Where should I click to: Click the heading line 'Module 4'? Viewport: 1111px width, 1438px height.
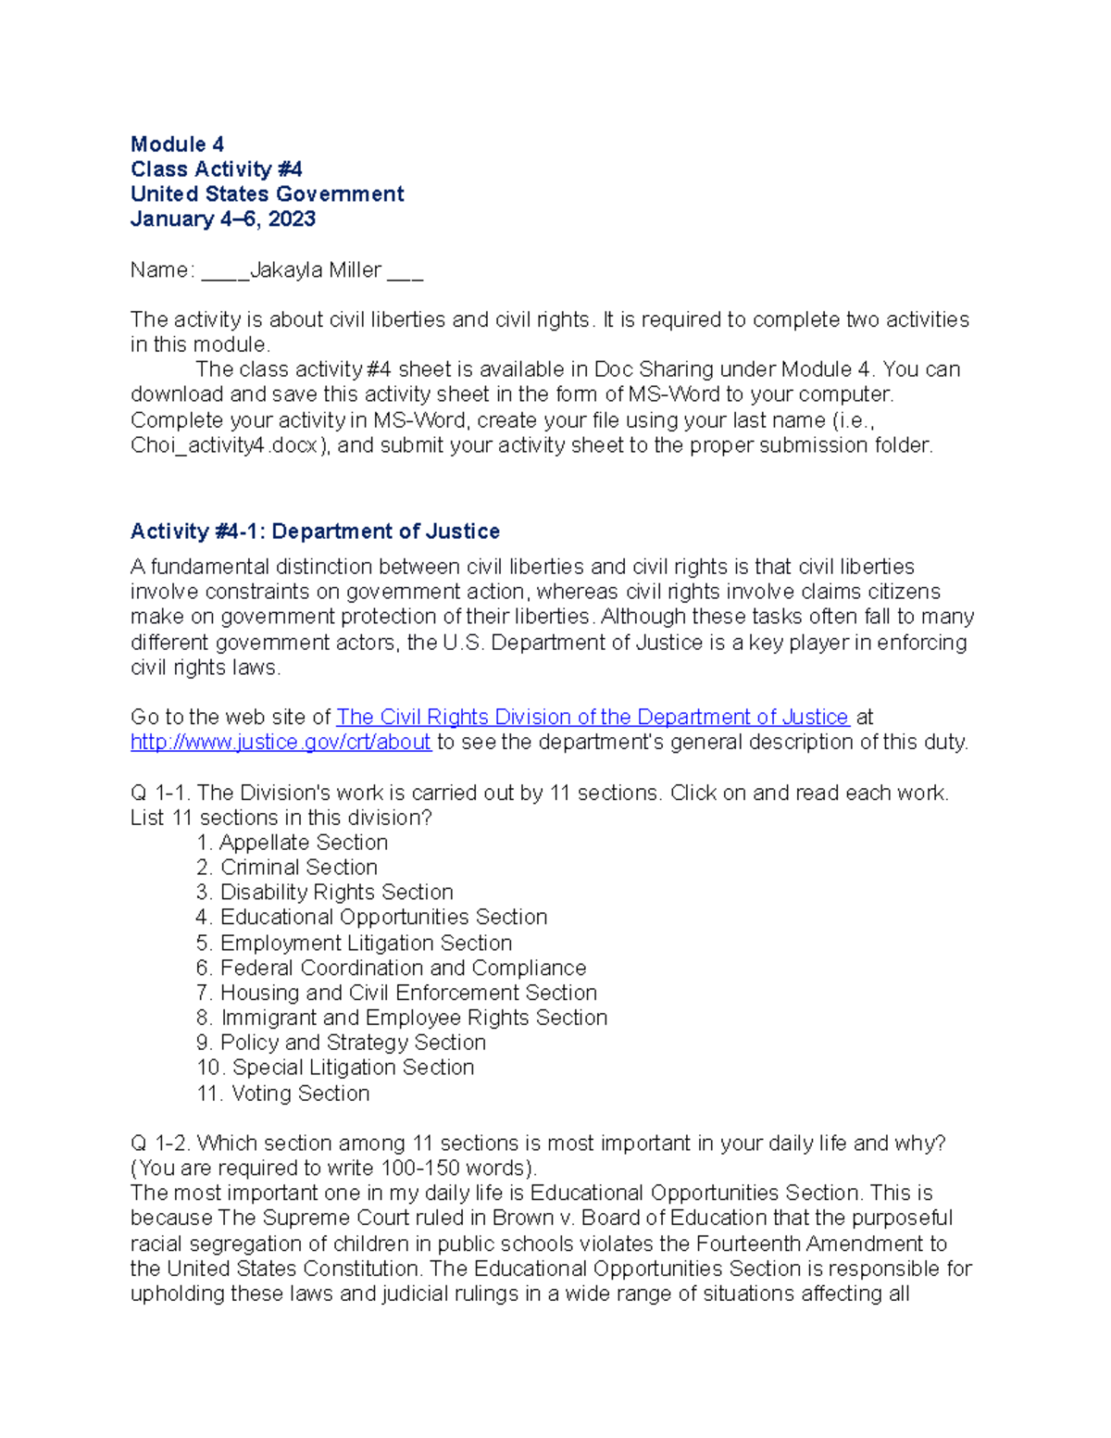point(177,144)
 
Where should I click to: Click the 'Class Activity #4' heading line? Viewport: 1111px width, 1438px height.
point(216,169)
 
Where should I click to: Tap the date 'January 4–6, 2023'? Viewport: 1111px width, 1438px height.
point(223,219)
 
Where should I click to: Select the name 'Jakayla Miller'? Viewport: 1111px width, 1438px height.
point(316,270)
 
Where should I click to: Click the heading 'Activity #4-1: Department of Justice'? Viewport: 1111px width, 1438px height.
point(315,531)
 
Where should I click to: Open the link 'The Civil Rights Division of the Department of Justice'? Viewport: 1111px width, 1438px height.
point(593,718)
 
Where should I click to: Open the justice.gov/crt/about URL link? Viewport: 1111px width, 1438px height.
point(281,743)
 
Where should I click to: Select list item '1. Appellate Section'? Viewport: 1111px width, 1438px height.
point(292,843)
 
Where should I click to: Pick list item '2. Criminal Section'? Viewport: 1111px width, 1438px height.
point(287,868)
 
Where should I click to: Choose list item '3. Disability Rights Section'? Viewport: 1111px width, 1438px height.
point(325,893)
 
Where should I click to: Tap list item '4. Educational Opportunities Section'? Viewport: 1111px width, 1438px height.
point(372,918)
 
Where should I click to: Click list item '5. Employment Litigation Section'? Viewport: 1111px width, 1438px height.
point(355,944)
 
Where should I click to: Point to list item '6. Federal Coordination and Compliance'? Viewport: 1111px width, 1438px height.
point(392,969)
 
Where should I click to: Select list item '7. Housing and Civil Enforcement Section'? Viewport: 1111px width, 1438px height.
point(397,994)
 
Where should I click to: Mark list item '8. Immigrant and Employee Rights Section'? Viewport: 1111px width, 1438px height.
point(402,1019)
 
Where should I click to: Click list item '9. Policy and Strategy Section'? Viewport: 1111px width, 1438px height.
point(342,1043)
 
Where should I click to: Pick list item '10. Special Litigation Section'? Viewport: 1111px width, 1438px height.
point(335,1068)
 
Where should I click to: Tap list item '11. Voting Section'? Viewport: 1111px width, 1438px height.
point(283,1094)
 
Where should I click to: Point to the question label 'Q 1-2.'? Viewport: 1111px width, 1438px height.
point(160,1144)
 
